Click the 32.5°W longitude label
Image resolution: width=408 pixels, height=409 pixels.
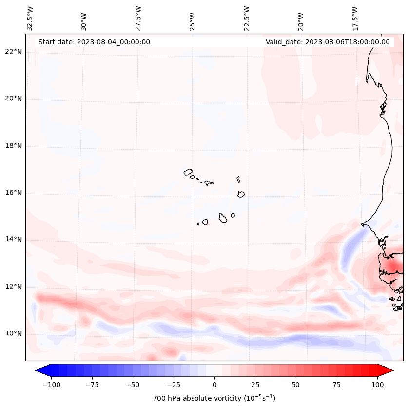(30, 18)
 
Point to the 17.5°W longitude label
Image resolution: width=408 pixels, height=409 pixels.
(355, 18)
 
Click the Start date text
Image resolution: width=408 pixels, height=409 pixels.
(94, 42)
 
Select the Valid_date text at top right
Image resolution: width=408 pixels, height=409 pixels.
(328, 42)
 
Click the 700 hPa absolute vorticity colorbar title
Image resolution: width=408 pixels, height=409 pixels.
(214, 398)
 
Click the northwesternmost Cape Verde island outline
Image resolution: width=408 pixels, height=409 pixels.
(188, 172)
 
